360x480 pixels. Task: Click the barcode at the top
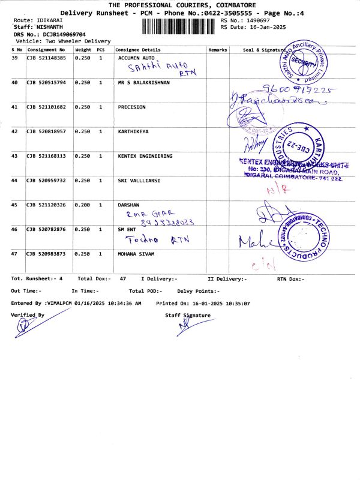[180, 27]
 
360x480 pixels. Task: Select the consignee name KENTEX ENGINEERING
[145, 156]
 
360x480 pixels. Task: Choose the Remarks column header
[217, 50]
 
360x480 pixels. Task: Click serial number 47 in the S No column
[15, 254]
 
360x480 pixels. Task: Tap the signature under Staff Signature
[187, 326]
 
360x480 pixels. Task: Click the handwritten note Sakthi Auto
[149, 68]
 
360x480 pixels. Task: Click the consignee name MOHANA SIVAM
[137, 254]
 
